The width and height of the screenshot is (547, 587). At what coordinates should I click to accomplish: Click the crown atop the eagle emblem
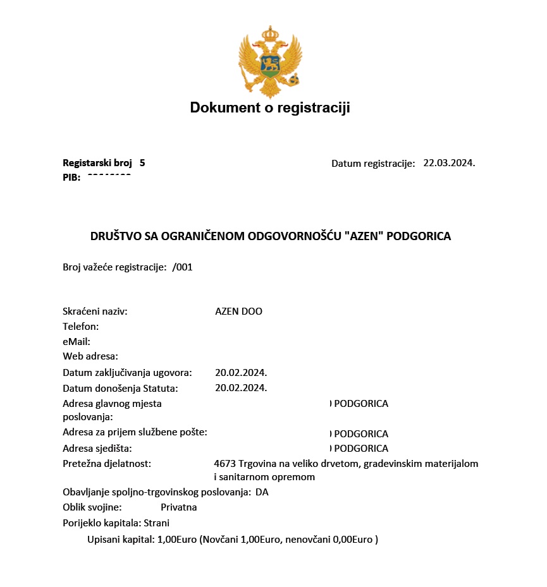(x=270, y=33)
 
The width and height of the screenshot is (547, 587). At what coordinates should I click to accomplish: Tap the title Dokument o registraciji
(x=270, y=108)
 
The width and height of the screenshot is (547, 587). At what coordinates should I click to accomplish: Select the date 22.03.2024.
(x=449, y=163)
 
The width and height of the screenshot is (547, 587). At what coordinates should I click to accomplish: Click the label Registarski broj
(x=97, y=163)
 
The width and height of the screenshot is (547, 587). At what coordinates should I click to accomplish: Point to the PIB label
(x=71, y=178)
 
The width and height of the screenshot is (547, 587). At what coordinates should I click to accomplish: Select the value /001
(x=182, y=267)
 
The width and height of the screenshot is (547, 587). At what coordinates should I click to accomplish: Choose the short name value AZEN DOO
(x=238, y=312)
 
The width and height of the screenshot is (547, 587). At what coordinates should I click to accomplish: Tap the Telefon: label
(x=81, y=327)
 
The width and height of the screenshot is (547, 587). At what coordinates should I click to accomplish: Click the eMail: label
(x=77, y=342)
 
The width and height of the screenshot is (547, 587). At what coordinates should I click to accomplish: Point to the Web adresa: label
(x=90, y=356)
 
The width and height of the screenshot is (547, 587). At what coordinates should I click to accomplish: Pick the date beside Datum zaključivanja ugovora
(x=241, y=373)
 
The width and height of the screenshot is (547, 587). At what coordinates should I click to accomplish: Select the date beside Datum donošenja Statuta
(x=241, y=388)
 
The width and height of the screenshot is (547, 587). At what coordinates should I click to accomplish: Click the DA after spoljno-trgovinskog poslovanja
(x=262, y=492)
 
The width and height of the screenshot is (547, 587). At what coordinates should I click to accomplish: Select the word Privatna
(x=179, y=507)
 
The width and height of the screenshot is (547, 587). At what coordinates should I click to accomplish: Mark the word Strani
(x=157, y=523)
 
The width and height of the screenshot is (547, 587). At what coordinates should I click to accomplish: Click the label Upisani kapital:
(x=121, y=540)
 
